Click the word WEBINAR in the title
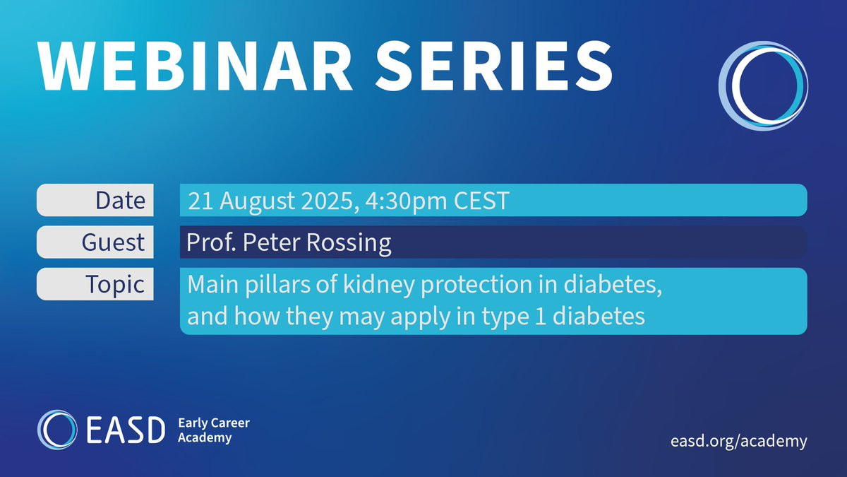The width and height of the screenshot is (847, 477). [x=195, y=66]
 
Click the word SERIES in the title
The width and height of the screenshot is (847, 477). [x=494, y=66]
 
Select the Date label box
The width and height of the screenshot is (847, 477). [x=95, y=200]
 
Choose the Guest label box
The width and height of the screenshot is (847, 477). [x=95, y=242]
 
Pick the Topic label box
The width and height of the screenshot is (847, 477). [x=95, y=284]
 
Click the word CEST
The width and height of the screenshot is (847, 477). [x=481, y=201]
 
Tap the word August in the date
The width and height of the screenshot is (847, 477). [x=257, y=201]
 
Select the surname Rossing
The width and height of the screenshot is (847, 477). [x=348, y=243]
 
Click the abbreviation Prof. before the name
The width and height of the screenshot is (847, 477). [x=211, y=242]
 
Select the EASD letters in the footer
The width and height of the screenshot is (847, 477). [x=126, y=430]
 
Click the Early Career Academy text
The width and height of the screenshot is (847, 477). [x=214, y=430]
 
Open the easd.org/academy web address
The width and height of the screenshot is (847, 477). [x=739, y=442]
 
